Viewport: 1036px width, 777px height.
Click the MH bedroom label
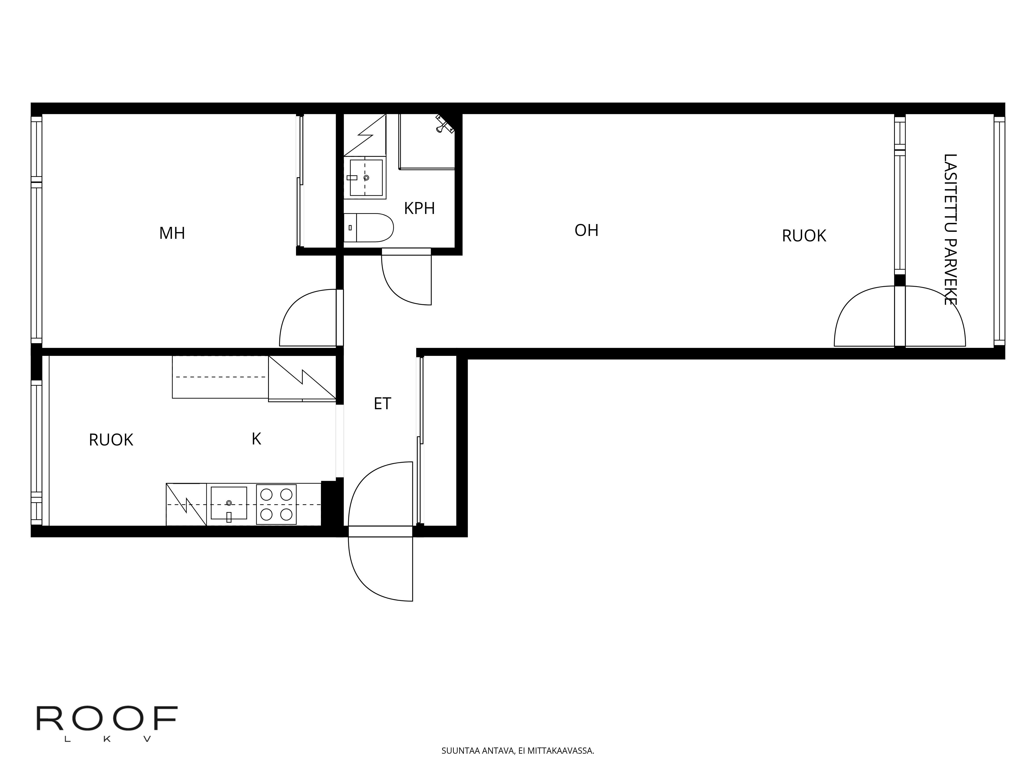click(x=172, y=233)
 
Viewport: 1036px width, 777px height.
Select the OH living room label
click(x=586, y=230)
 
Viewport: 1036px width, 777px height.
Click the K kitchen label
click(x=256, y=439)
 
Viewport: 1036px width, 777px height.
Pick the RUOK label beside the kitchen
click(x=111, y=440)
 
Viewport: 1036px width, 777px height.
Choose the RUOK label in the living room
click(x=804, y=236)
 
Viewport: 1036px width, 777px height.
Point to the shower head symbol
click(x=444, y=124)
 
